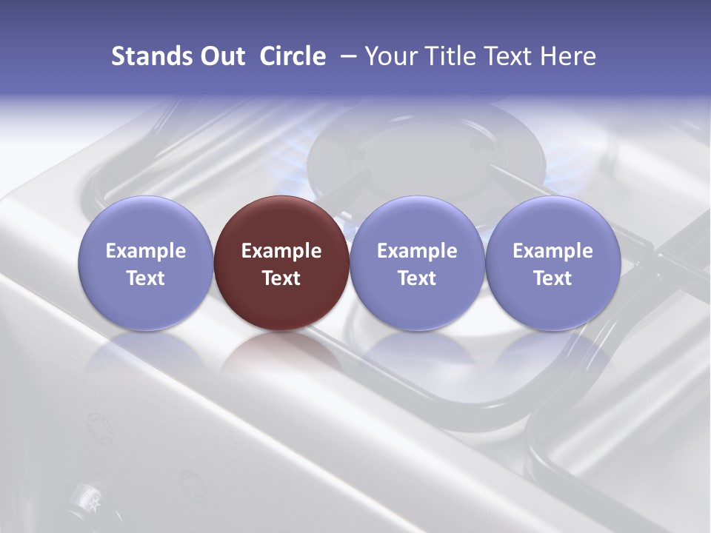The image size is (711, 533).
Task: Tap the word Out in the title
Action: tap(221, 56)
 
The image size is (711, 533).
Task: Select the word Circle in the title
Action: tap(293, 56)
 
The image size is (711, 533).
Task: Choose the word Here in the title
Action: tap(569, 56)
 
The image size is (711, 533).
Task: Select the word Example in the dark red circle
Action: tap(281, 251)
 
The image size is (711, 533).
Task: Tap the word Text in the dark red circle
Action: tap(281, 278)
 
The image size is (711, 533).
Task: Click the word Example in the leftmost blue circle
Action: tap(146, 251)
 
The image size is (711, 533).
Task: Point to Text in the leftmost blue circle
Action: tap(146, 278)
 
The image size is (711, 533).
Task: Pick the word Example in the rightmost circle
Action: tap(553, 251)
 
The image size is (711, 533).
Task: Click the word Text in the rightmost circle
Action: tap(553, 278)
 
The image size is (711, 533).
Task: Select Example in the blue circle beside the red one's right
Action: tap(417, 251)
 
